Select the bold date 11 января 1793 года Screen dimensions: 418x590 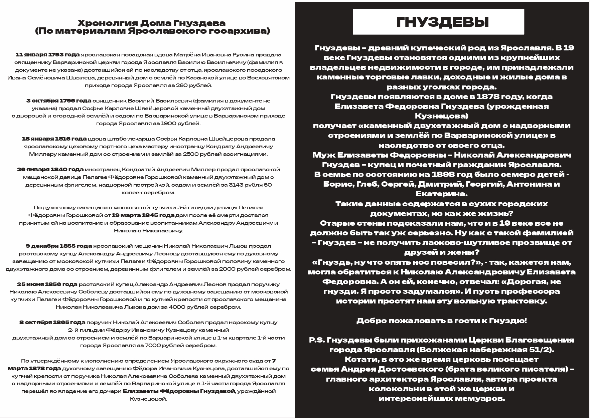tap(47, 55)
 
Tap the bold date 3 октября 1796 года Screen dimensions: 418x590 tap(58, 101)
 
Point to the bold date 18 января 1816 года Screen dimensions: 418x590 tap(54, 139)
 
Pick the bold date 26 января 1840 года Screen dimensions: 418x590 tap(50, 170)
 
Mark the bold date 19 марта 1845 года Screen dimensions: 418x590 tap(143, 215)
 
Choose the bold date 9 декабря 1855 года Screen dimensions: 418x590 tap(59, 246)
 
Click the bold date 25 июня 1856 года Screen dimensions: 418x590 tap(47, 284)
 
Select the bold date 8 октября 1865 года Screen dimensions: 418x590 tap(52, 323)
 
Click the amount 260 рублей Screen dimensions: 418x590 tap(195, 85)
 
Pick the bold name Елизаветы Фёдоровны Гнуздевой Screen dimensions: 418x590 tap(179, 391)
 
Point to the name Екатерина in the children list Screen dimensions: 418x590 tap(441, 194)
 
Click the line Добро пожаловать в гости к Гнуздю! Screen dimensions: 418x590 tap(441, 321)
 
